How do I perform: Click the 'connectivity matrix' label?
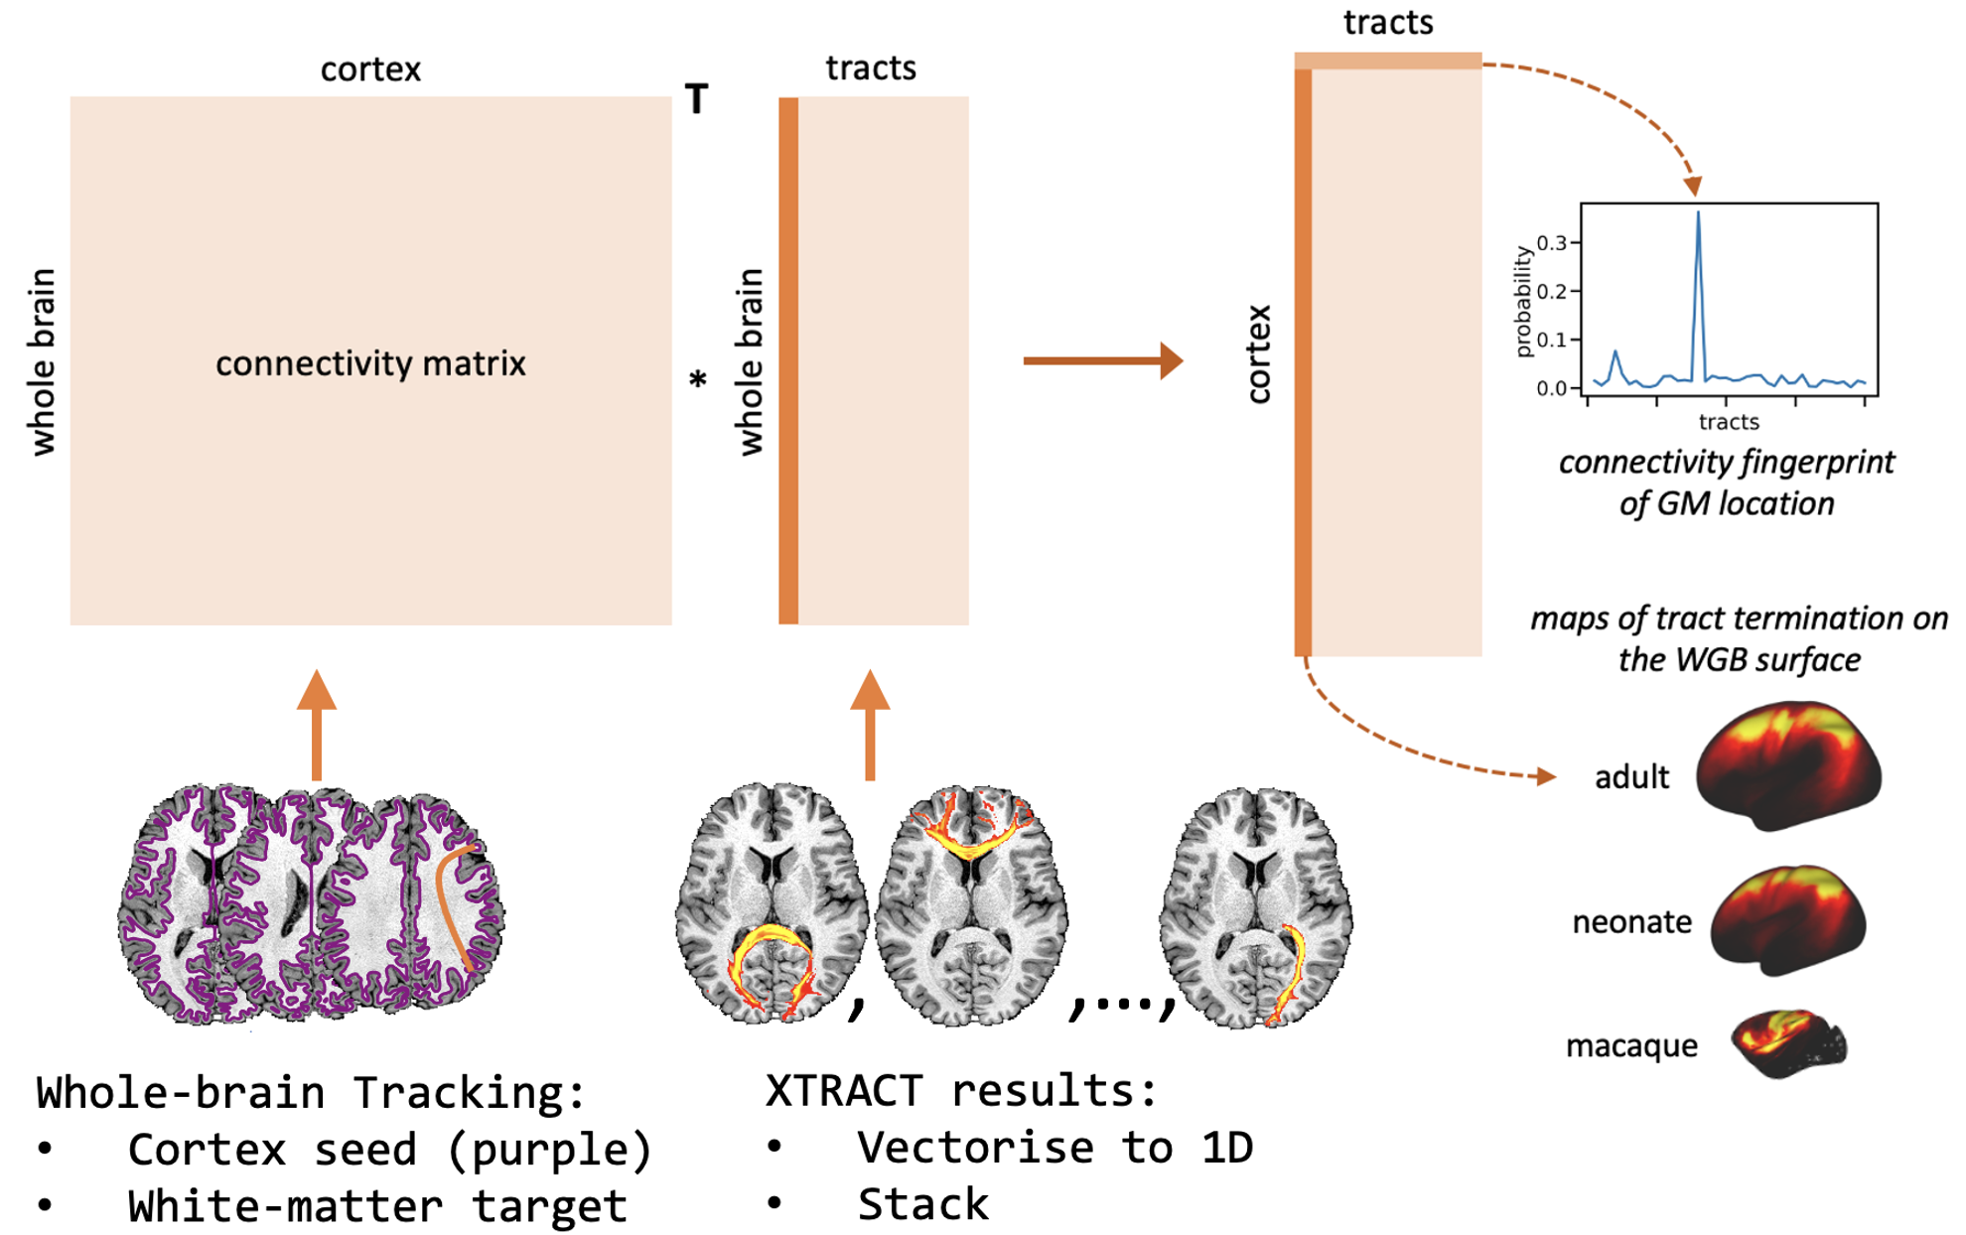point(370,363)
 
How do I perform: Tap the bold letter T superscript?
point(696,99)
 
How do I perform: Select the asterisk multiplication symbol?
point(698,379)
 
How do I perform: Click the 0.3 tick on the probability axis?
point(1552,242)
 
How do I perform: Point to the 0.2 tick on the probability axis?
point(1552,291)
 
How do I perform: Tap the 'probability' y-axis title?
point(1522,302)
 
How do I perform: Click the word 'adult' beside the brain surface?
point(1631,776)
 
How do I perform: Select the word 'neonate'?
point(1631,922)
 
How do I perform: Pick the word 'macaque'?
point(1631,1045)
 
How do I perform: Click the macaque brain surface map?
point(1788,1043)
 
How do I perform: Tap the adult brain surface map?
point(1788,765)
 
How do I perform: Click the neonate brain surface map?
point(1788,919)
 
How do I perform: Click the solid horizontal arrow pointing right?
point(1102,360)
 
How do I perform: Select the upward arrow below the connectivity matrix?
point(317,725)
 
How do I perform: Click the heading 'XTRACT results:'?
point(961,1090)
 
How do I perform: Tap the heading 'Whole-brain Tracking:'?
point(311,1092)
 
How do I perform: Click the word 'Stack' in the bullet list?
point(922,1204)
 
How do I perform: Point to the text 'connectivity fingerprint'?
point(1726,462)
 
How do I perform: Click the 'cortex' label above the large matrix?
point(370,69)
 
